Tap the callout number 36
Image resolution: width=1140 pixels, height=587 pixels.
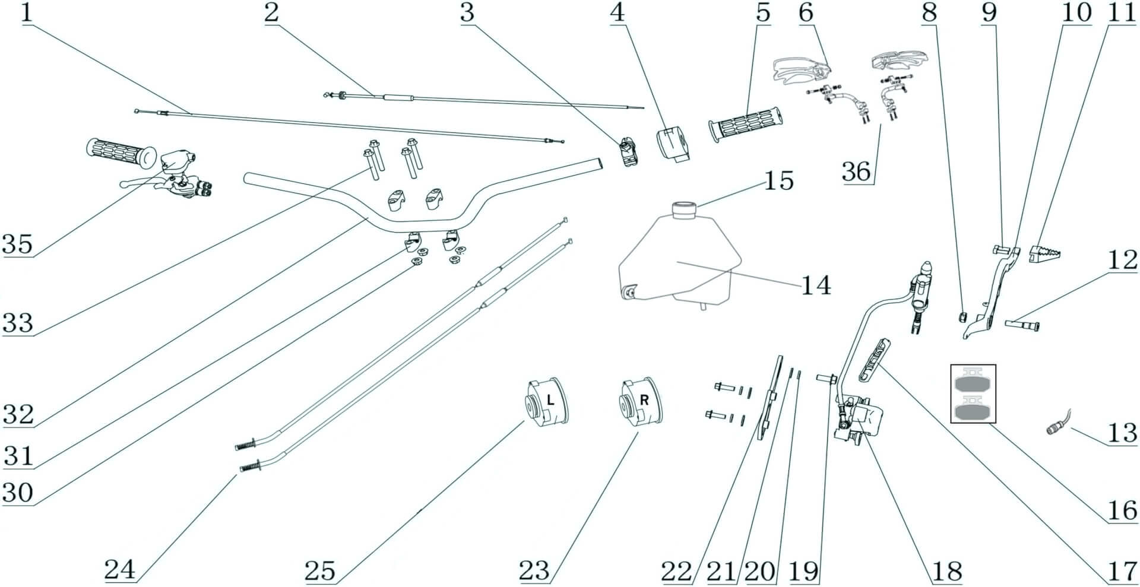pyautogui.click(x=857, y=171)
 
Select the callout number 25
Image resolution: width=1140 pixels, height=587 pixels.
pyautogui.click(x=320, y=570)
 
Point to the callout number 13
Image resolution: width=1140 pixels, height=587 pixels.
pyautogui.click(x=1122, y=433)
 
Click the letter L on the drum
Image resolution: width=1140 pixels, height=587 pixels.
pyautogui.click(x=550, y=401)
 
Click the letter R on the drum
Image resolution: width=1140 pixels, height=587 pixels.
pyautogui.click(x=644, y=401)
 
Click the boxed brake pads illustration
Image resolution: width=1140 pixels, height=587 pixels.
pyautogui.click(x=973, y=394)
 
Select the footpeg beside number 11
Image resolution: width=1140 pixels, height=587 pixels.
pyautogui.click(x=1046, y=253)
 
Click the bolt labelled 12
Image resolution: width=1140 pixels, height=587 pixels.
pyautogui.click(x=1022, y=325)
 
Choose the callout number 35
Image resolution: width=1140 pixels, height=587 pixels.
pyautogui.click(x=17, y=243)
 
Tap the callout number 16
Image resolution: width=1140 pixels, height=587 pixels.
pyautogui.click(x=1122, y=510)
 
